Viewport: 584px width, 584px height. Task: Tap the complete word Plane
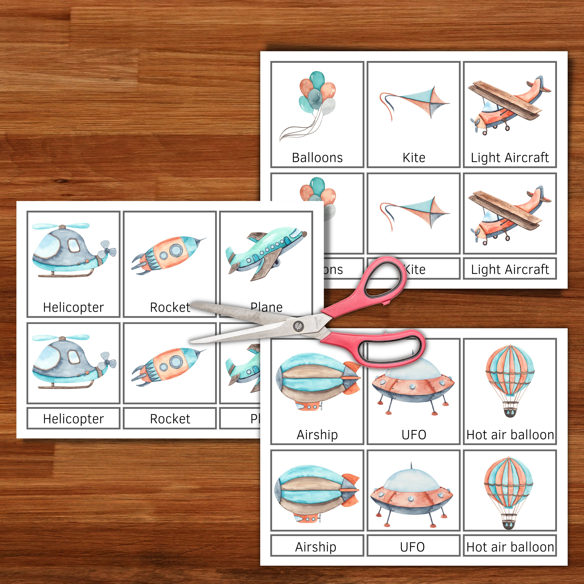tap(266, 307)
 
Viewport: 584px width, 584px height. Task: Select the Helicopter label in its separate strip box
tap(73, 419)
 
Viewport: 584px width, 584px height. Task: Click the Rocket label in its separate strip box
tap(170, 419)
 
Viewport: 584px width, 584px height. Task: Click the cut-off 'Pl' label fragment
tap(255, 419)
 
